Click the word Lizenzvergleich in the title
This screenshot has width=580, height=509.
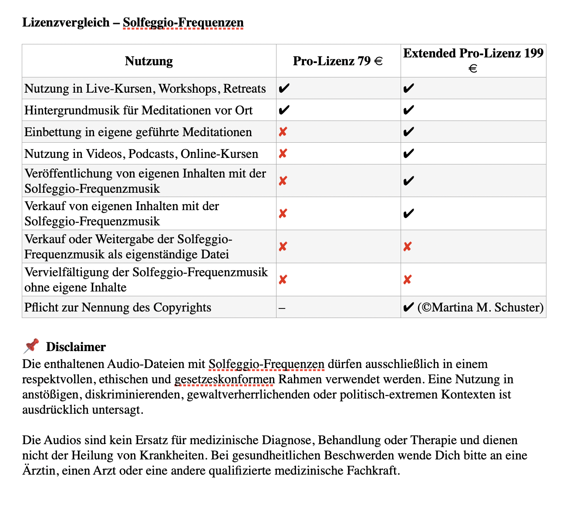click(66, 22)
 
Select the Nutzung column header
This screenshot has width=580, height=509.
click(149, 61)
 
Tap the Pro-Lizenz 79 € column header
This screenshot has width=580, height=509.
click(338, 61)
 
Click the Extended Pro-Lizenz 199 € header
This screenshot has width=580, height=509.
click(473, 60)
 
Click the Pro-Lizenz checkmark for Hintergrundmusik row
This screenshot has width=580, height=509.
click(283, 110)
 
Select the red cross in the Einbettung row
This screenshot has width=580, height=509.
click(283, 132)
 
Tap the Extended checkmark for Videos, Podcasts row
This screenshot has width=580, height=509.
click(408, 154)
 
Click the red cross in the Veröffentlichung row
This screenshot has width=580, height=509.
click(283, 181)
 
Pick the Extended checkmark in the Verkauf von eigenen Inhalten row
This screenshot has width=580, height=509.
click(408, 214)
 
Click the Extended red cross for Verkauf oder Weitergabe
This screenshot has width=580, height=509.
click(408, 247)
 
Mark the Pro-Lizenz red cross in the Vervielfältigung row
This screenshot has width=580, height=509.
click(283, 279)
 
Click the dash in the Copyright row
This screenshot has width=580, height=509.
click(282, 308)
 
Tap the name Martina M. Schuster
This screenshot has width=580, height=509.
click(487, 307)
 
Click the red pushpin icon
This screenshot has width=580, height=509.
click(31, 346)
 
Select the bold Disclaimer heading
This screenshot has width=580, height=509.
click(76, 347)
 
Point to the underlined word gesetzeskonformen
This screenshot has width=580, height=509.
click(225, 379)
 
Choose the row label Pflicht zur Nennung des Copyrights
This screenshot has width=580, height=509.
click(118, 307)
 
